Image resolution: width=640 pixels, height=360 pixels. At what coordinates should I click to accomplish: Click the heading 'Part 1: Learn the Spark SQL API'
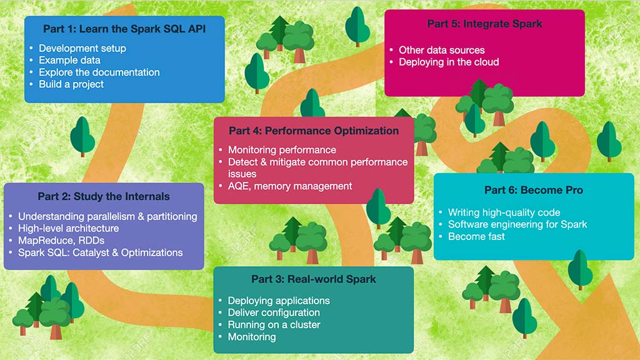click(124, 29)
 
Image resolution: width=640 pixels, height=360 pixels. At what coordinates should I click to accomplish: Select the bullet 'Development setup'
click(82, 48)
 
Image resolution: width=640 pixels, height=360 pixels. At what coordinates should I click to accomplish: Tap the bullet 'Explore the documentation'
click(99, 72)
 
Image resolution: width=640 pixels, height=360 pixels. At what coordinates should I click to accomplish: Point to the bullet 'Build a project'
click(71, 84)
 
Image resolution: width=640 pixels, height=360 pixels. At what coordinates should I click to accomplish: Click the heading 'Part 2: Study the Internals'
click(104, 196)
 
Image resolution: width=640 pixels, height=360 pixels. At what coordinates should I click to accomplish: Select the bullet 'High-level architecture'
click(77, 228)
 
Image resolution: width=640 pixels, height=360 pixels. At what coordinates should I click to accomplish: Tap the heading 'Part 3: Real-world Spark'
click(314, 279)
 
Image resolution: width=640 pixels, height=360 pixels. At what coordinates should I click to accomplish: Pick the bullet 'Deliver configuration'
click(274, 312)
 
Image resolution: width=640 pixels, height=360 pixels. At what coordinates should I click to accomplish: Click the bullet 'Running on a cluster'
click(274, 324)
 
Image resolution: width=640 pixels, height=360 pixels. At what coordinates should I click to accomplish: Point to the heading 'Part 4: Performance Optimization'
click(314, 131)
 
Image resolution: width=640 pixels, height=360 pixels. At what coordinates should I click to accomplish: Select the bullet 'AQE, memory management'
click(290, 186)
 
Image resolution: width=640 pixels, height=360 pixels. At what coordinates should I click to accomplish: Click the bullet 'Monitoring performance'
click(282, 150)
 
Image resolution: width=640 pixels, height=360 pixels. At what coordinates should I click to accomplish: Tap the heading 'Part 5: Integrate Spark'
click(484, 24)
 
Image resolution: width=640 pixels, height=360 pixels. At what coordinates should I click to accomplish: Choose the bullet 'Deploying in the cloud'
click(449, 62)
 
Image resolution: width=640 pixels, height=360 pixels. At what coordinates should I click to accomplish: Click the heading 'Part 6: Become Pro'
click(533, 190)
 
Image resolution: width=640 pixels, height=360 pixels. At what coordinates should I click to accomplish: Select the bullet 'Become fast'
click(476, 236)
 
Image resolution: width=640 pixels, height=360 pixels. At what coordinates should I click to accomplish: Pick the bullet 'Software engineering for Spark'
click(517, 224)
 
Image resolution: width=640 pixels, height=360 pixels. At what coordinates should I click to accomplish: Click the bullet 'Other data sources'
click(442, 50)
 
